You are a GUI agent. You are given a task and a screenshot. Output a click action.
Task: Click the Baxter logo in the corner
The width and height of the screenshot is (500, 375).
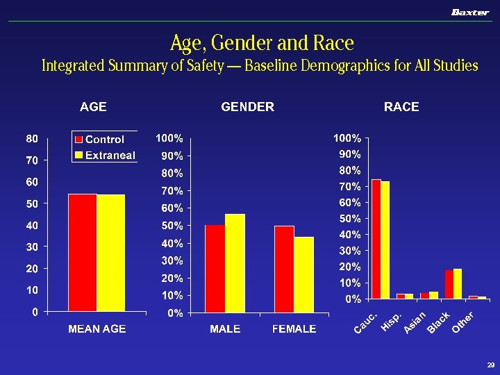[x=470, y=12]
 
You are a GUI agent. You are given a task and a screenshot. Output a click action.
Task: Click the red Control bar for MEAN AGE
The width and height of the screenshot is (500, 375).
[x=82, y=253]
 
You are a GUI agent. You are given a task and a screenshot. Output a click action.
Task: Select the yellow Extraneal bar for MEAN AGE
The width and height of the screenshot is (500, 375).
[x=110, y=253]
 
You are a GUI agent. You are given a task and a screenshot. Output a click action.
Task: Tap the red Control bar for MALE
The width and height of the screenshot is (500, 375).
[x=215, y=269]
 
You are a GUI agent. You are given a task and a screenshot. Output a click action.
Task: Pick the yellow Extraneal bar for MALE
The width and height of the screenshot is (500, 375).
[x=235, y=263]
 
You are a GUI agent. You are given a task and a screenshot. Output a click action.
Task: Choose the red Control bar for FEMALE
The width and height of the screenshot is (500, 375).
[x=284, y=269]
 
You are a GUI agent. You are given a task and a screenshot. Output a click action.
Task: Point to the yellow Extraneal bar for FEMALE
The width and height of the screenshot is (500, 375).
[x=304, y=275]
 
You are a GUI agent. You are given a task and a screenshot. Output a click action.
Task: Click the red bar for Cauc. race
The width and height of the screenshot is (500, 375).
[x=376, y=239]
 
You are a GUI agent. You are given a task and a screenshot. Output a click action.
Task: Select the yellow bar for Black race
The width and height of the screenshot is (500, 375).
[x=458, y=284]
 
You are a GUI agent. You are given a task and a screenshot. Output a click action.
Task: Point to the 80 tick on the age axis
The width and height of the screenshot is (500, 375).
[x=32, y=139]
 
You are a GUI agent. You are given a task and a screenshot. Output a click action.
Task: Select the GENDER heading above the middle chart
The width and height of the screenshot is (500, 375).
[x=247, y=107]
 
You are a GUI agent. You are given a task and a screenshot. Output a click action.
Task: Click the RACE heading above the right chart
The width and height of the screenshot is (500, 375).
[x=401, y=107]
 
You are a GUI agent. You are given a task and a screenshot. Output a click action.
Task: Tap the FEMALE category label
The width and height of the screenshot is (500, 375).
[x=294, y=328]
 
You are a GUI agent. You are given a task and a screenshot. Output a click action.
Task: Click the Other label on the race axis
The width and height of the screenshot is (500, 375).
[x=463, y=321]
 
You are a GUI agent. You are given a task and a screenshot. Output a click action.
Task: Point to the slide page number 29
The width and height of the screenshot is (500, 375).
[x=490, y=365]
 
